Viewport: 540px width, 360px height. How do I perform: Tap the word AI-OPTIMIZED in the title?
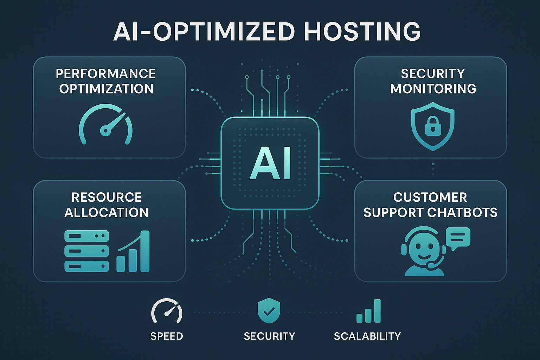(x=204, y=32)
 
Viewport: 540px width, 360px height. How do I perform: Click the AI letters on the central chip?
(x=270, y=163)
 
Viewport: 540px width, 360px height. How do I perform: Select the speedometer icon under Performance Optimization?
(x=106, y=125)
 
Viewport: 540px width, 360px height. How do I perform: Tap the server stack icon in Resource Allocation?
(x=87, y=251)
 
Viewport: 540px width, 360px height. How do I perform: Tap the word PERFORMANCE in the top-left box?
(x=106, y=74)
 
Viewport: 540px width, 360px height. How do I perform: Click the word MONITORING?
(x=433, y=89)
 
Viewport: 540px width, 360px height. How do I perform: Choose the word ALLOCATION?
(x=107, y=212)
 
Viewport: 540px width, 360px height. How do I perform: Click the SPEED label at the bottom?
(x=167, y=336)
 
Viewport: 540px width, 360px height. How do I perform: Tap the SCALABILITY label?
(x=367, y=336)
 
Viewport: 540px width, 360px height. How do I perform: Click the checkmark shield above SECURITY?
(x=269, y=311)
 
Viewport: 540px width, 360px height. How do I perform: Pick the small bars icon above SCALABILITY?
(x=368, y=311)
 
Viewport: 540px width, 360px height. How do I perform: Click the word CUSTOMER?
(x=430, y=197)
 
